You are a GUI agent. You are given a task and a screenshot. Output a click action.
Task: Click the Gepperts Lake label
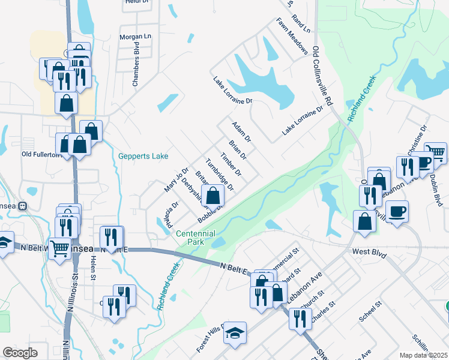(143, 156)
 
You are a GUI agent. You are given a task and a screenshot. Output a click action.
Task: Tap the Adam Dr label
(241, 131)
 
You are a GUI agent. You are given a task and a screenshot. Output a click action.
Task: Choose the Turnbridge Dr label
(218, 175)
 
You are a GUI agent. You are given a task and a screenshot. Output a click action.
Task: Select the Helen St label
(93, 267)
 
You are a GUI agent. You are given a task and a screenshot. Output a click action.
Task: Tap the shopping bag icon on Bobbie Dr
(212, 195)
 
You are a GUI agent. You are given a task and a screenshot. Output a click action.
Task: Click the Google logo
(20, 353)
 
